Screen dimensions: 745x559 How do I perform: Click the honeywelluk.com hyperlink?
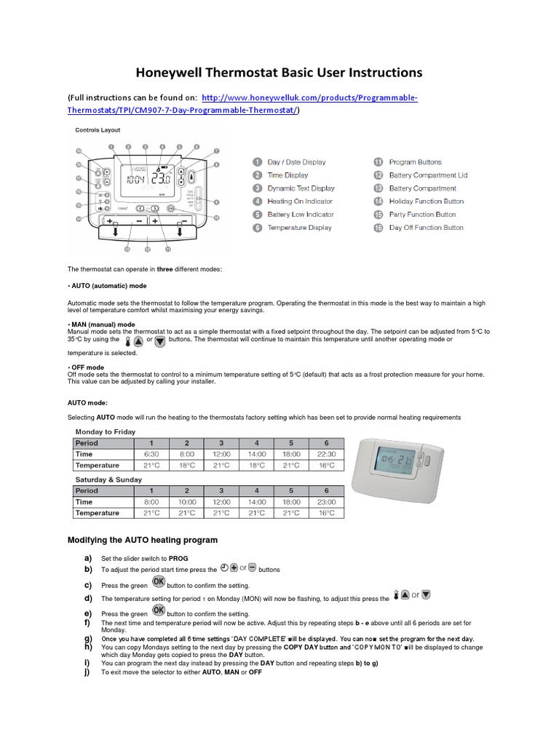click(x=309, y=97)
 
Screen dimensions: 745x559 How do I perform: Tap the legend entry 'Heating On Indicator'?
click(x=299, y=202)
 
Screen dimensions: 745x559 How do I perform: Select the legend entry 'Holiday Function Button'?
click(x=426, y=202)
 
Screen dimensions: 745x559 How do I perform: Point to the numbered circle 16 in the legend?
click(x=378, y=228)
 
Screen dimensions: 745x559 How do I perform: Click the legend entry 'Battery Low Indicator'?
click(x=300, y=215)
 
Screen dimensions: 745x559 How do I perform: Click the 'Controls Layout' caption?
click(x=98, y=130)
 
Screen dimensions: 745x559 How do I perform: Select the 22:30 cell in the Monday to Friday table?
click(x=326, y=453)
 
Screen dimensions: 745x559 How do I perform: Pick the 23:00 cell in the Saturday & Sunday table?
click(x=326, y=501)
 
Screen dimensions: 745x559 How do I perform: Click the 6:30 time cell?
click(x=151, y=453)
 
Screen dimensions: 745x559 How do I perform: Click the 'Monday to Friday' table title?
click(x=106, y=431)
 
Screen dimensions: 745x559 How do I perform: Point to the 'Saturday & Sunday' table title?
click(x=108, y=479)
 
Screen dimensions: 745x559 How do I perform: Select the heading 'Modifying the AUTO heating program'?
click(x=143, y=540)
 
